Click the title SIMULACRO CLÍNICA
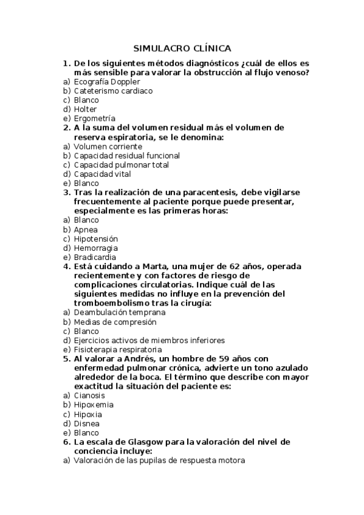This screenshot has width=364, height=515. click(182, 49)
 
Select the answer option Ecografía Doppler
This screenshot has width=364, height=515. click(106, 81)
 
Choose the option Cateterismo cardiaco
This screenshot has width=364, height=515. click(113, 90)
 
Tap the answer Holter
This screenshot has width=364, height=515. click(85, 109)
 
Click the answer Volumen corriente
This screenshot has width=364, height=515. click(108, 146)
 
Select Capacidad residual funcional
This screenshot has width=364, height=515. click(126, 155)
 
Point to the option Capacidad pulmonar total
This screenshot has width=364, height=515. click(122, 165)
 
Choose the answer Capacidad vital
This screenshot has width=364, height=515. click(102, 174)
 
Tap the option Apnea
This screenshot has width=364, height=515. click(86, 230)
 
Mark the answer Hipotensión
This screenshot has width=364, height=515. click(95, 239)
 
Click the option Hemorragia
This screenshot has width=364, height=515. click(95, 248)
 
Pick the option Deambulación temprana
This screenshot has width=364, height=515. click(119, 313)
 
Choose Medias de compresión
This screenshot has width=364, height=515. click(115, 322)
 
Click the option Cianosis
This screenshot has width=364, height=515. click(89, 395)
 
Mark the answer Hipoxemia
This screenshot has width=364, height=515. click(94, 404)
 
